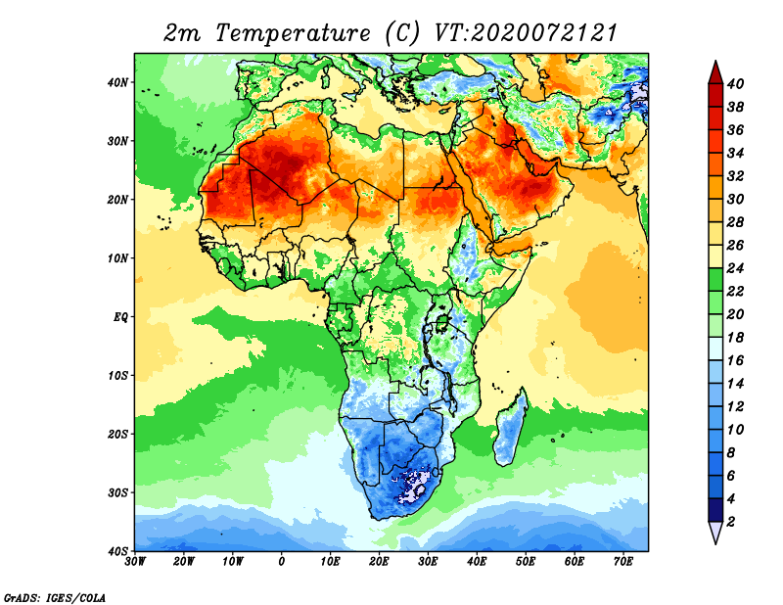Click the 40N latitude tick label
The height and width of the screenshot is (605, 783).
(117, 82)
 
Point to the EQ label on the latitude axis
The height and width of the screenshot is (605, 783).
(120, 317)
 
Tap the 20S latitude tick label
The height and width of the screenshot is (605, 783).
(117, 434)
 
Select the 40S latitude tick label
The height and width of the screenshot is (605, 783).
(117, 551)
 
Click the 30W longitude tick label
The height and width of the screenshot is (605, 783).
(135, 562)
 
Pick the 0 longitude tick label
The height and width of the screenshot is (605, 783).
(282, 562)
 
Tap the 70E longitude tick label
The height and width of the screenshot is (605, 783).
(623, 562)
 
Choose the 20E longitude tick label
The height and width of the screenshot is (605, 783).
(379, 562)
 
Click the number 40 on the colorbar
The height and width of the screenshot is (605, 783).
(735, 83)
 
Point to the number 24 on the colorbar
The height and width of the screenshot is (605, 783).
(735, 268)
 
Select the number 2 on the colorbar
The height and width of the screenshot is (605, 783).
(731, 522)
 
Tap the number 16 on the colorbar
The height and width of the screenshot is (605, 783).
(735, 360)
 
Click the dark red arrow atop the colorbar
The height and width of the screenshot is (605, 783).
(715, 72)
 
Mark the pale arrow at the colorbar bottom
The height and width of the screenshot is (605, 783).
(715, 532)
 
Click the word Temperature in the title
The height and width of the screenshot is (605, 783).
(293, 33)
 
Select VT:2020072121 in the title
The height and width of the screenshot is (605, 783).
(527, 33)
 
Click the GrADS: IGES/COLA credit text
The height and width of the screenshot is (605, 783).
(55, 597)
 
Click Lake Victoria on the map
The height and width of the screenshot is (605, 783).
(442, 322)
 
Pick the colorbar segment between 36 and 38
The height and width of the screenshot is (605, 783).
(715, 118)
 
